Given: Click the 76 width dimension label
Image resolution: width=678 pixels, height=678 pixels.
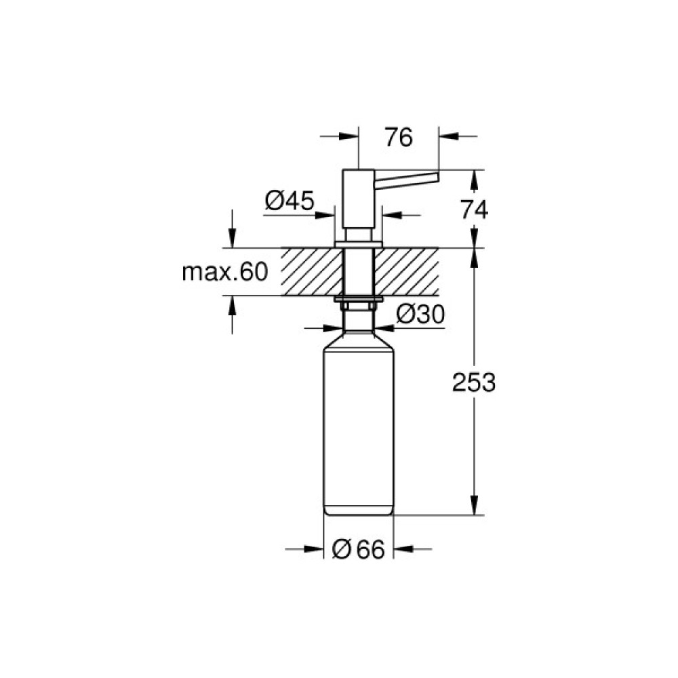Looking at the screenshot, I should point(398,138).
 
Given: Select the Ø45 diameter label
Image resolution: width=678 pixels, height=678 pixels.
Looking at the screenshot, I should point(289,201).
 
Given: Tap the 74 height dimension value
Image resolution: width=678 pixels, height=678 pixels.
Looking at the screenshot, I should point(474,210).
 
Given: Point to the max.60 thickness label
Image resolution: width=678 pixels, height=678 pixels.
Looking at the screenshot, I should point(225,273).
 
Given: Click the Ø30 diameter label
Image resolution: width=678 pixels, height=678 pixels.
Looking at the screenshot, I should point(420,314).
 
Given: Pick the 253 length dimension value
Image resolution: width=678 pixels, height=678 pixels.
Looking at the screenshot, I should point(474,383).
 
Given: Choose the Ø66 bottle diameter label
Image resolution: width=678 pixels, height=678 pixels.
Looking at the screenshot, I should point(359,550).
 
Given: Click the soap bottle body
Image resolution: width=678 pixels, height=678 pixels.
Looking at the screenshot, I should point(359,427).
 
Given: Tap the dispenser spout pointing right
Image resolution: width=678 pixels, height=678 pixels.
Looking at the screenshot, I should point(407,180).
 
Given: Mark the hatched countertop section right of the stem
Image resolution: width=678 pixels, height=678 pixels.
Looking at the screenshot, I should point(407,271).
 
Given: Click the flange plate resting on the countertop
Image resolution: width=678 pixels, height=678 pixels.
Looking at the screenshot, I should point(359,243).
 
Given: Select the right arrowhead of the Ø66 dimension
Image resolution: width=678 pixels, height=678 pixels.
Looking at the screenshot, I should point(402,549).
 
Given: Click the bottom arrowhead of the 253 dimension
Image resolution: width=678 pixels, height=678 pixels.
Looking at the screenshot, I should point(474,506).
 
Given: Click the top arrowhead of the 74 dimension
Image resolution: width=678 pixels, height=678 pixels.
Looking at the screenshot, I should point(474,178).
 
